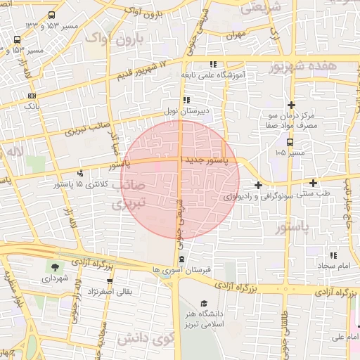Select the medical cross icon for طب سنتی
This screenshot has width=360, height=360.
pyautogui.click(x=313, y=182)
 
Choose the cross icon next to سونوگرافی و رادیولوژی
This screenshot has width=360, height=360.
pyautogui.click(x=259, y=186)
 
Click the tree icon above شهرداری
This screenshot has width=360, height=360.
pyautogui.click(x=53, y=267)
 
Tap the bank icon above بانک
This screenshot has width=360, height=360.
pyautogui.click(x=32, y=96)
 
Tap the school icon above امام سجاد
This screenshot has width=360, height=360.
pyautogui.click(x=333, y=256)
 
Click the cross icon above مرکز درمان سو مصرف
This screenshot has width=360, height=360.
pyautogui.click(x=290, y=104)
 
